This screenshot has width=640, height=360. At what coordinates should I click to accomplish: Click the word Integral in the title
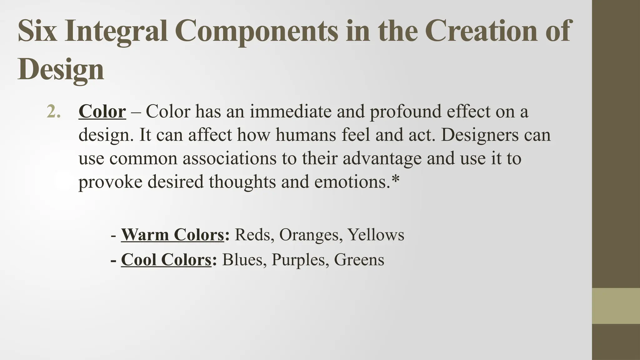tap(116, 31)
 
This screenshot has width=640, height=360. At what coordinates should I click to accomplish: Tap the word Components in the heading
tap(256, 31)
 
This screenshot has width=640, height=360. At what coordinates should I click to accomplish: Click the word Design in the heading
tap(61, 69)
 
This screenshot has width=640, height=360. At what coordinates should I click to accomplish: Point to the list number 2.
tap(53, 112)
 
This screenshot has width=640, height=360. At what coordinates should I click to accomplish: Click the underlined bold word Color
tap(102, 112)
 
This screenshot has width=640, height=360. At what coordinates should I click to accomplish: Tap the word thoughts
tap(242, 182)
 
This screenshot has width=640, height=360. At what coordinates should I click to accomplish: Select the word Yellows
tap(376, 235)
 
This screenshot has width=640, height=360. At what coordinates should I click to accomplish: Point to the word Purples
tap(298, 260)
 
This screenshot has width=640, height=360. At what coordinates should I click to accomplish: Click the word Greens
tap(359, 260)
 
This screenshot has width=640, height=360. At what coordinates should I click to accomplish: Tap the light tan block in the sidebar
tap(616, 306)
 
